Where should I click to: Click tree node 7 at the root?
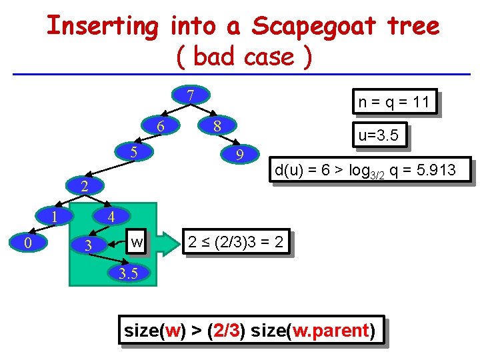tap(190, 96)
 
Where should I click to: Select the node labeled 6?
tap(160, 126)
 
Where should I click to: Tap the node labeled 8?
tap(217, 126)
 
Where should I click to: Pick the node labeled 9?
tap(241, 155)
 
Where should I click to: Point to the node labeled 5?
tap(133, 152)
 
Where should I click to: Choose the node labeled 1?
tap(55, 215)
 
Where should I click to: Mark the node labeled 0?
tap(27, 243)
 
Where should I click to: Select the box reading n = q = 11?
tap(393, 103)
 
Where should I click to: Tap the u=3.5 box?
tap(379, 136)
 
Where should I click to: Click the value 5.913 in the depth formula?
tap(435, 171)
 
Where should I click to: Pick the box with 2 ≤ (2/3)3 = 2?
tap(236, 243)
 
